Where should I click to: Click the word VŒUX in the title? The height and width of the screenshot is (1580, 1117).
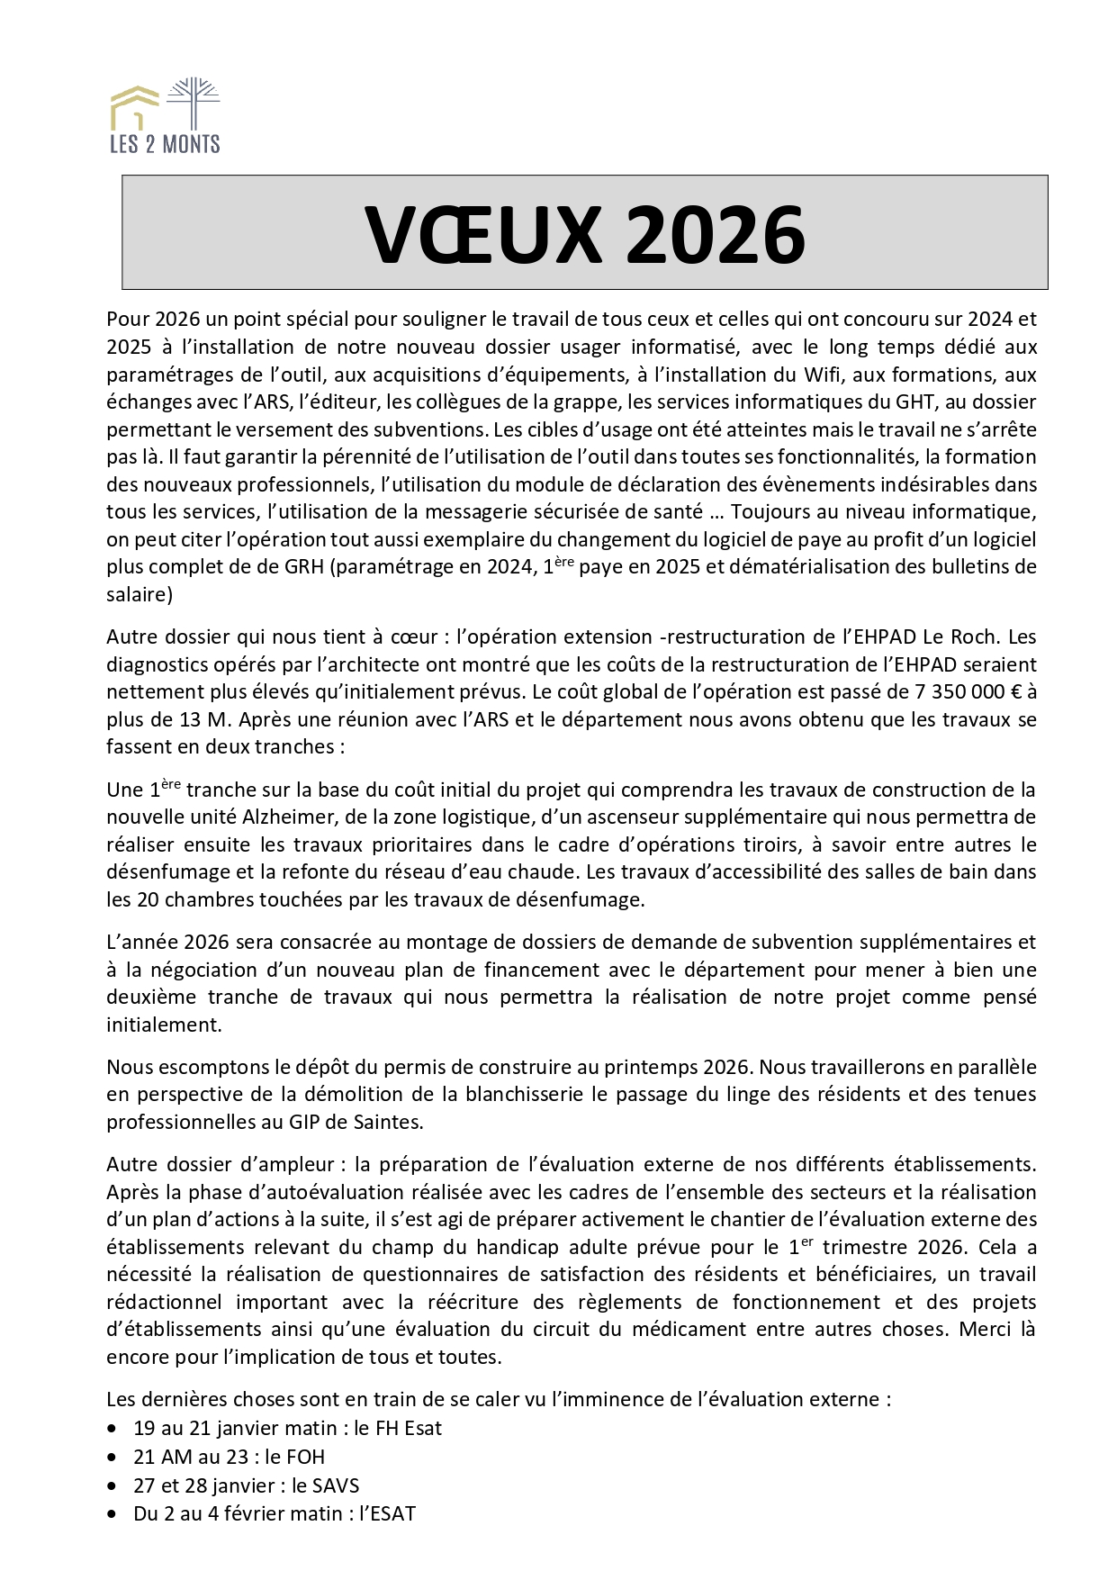tap(482, 235)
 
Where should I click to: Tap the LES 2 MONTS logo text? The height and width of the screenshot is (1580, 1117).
tap(165, 143)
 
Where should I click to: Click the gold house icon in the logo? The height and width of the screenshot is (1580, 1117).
tap(134, 106)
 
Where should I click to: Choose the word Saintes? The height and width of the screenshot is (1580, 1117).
tap(390, 1122)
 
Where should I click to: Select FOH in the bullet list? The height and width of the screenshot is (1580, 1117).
tap(306, 1457)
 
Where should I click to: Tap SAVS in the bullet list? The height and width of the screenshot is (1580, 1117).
tap(336, 1485)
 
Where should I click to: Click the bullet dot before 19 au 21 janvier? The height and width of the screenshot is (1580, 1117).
tap(112, 1429)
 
